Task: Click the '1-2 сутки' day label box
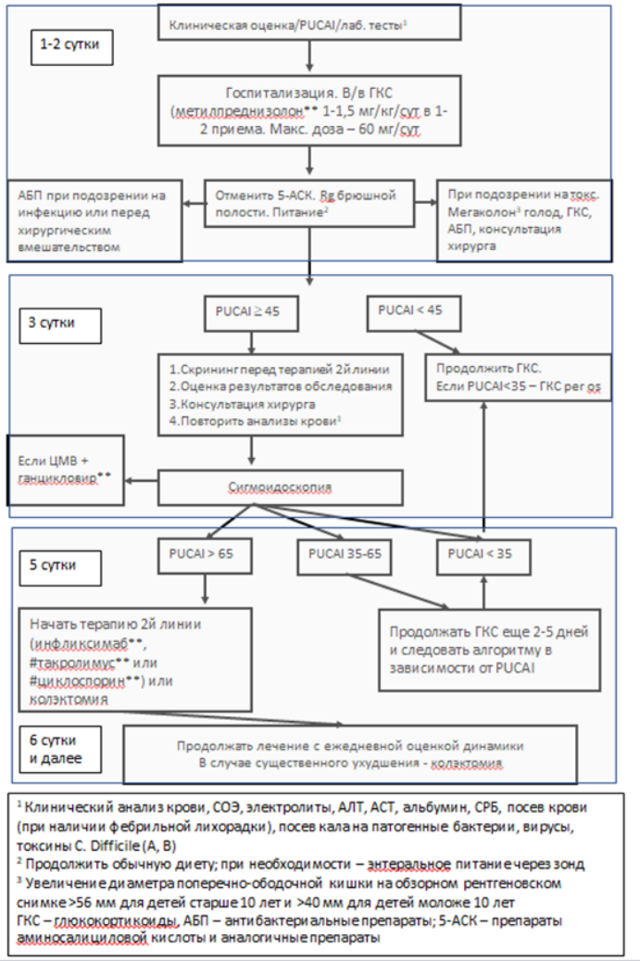[x=71, y=46]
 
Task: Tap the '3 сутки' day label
[x=60, y=324]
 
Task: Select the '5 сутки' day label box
[x=60, y=567]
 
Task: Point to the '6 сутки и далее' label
[x=60, y=750]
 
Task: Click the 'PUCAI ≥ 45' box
[x=251, y=313]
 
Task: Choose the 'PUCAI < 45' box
[x=413, y=313]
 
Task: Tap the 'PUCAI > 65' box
[x=205, y=557]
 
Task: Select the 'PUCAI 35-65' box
[x=345, y=557]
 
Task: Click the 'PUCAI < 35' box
[x=483, y=557]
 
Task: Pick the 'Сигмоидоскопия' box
[x=281, y=487]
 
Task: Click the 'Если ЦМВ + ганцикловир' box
[x=66, y=470]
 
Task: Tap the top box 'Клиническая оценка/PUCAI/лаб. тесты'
[x=309, y=22]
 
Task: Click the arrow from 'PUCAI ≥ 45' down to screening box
[x=251, y=343]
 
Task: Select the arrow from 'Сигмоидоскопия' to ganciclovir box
[x=142, y=480]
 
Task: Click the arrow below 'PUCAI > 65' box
[x=205, y=589]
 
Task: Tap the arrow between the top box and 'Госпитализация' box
[x=309, y=57]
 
